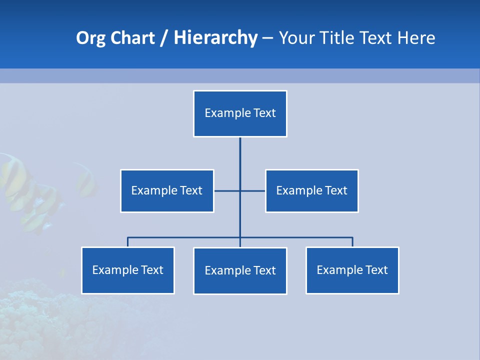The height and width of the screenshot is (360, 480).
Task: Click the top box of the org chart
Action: coord(240,113)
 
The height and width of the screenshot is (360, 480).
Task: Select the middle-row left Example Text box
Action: coord(167,190)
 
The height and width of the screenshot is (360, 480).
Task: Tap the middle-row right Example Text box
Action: coord(311,190)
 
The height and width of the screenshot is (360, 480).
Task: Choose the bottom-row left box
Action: coord(127,270)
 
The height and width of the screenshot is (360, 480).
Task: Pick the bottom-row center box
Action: coord(240,270)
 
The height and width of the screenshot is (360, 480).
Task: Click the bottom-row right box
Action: coord(352,270)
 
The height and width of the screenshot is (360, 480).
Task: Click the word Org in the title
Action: coord(90,38)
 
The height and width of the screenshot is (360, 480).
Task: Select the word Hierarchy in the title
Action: coord(215,38)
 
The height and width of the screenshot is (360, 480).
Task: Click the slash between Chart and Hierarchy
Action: coord(163,38)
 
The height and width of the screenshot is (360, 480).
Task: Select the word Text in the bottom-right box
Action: coord(376,270)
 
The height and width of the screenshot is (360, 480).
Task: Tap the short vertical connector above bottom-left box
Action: coord(127,242)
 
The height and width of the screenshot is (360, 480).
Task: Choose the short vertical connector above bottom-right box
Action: coord(352,242)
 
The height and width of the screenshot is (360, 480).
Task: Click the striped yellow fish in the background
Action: coord(17,185)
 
